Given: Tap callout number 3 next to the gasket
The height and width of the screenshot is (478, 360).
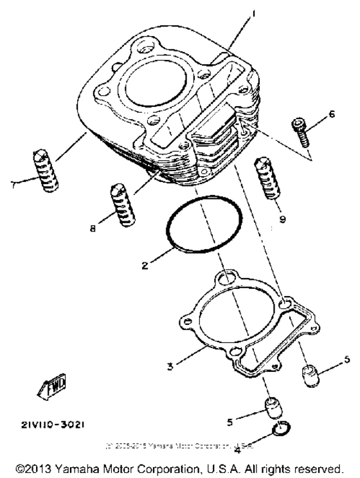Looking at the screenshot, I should pos(170,367).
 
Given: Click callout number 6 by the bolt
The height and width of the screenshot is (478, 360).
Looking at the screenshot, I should pos(332,114).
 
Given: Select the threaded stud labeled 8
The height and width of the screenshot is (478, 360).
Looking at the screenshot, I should pos(120,203).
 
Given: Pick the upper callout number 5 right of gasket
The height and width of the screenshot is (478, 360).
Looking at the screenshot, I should pos(346,359).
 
